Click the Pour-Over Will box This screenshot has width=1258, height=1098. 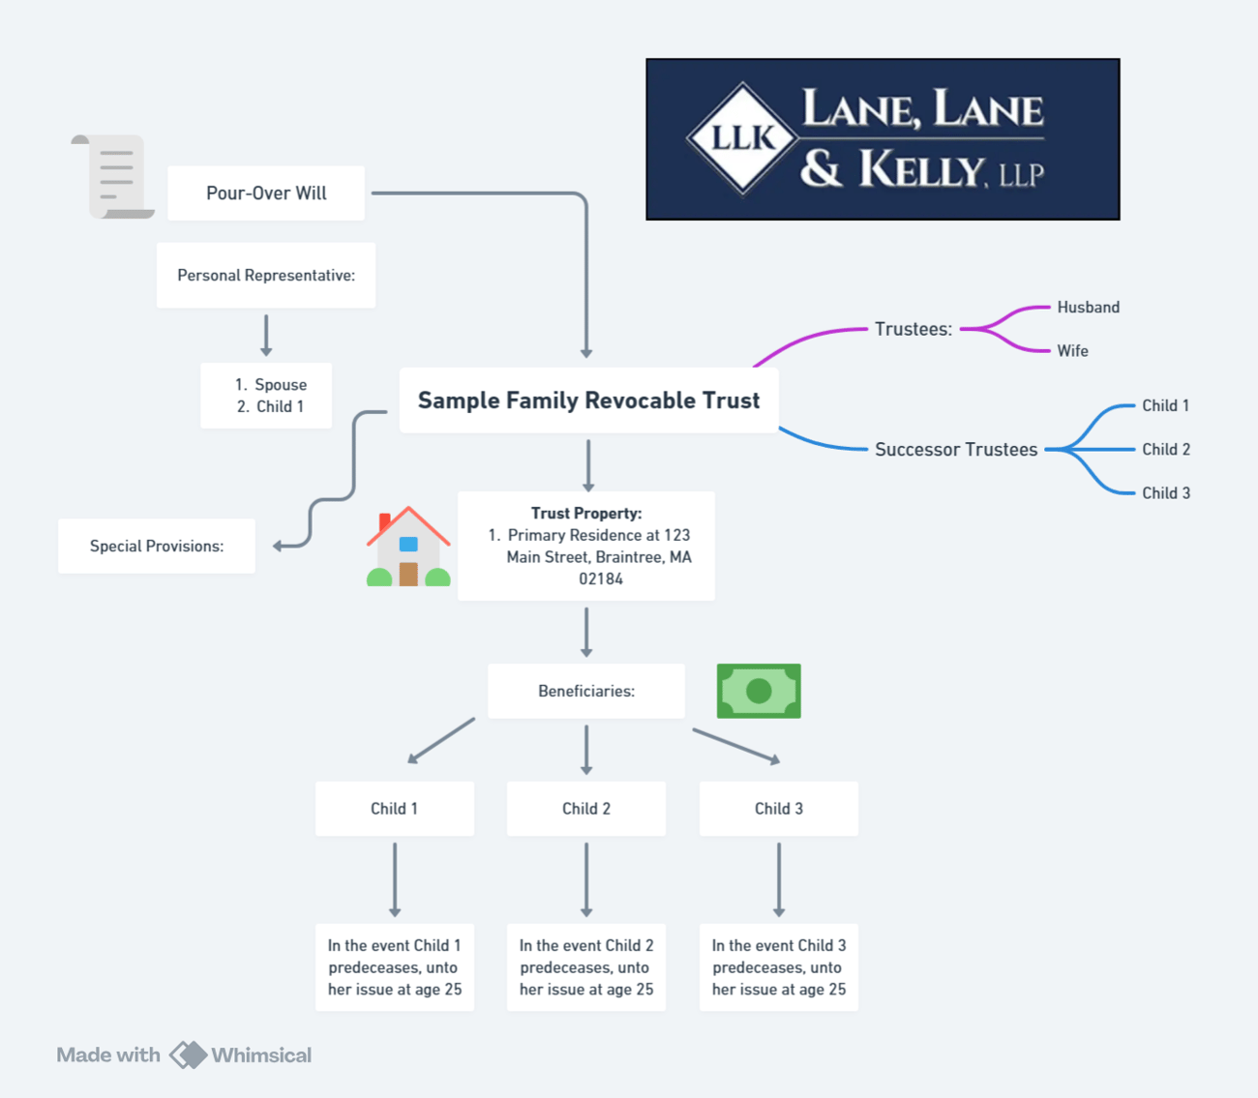point(266,193)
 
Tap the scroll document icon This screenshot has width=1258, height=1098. point(113,176)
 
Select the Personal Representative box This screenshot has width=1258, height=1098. point(266,276)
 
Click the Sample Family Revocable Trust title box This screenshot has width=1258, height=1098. point(589,400)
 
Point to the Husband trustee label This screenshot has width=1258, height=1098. point(1089,308)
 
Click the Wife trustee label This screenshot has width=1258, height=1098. point(1072,351)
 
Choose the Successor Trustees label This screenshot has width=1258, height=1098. point(956,449)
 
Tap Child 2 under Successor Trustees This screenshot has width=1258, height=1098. point(1166,449)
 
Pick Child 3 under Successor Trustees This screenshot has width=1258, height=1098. point(1166,492)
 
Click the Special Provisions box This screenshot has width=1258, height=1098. point(157,546)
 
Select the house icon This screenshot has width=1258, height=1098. point(408,547)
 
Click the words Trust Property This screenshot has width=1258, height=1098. point(586,513)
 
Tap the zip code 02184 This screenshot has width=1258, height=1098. point(601,579)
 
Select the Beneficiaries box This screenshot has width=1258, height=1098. point(586,691)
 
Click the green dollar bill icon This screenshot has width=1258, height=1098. point(759,691)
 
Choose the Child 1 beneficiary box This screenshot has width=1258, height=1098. point(395,809)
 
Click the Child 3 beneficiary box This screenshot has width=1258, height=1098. point(779,809)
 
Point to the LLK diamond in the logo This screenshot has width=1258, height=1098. point(743,138)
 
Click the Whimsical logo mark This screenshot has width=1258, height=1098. point(188,1055)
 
